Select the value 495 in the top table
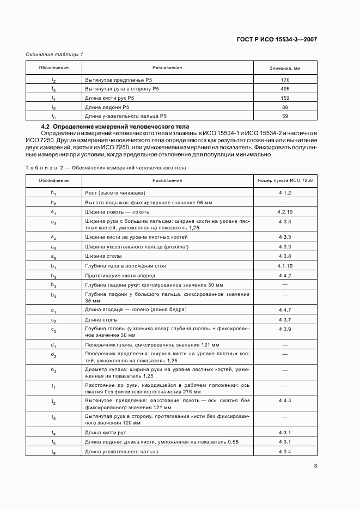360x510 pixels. click(285, 88)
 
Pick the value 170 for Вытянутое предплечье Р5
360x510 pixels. click(285, 80)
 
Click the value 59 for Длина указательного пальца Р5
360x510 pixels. click(285, 116)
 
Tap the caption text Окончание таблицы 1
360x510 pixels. click(54, 54)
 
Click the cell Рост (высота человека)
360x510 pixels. click(114, 192)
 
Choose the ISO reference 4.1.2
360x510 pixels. click(285, 192)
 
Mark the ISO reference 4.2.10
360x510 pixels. click(285, 211)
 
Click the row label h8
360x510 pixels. click(53, 202)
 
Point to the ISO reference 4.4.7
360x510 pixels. click(285, 309)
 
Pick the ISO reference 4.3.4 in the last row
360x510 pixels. click(285, 452)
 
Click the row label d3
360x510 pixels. click(53, 371)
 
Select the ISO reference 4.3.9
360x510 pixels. click(285, 329)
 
